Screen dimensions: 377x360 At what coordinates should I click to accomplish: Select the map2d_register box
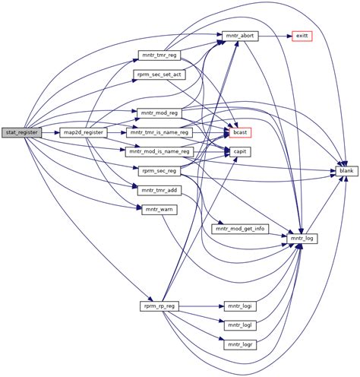coord(83,132)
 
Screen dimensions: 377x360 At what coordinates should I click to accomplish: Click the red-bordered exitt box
coord(301,36)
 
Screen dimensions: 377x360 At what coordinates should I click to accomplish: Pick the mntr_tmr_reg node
coord(159,55)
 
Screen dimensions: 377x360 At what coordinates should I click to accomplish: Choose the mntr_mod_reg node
coord(159,113)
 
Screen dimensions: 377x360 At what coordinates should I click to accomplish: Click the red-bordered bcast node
coord(241,132)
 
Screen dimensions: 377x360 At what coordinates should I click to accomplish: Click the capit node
coord(241,152)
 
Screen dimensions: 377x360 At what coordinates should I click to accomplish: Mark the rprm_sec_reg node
coord(159,171)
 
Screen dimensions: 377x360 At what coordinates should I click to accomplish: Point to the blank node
coord(346,171)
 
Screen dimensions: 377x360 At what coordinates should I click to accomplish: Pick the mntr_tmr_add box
coord(159,190)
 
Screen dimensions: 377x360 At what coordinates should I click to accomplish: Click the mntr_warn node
coord(159,209)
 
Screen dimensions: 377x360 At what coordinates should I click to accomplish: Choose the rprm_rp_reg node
coord(159,306)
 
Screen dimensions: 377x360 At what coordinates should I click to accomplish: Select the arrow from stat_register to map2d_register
coord(50,132)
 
